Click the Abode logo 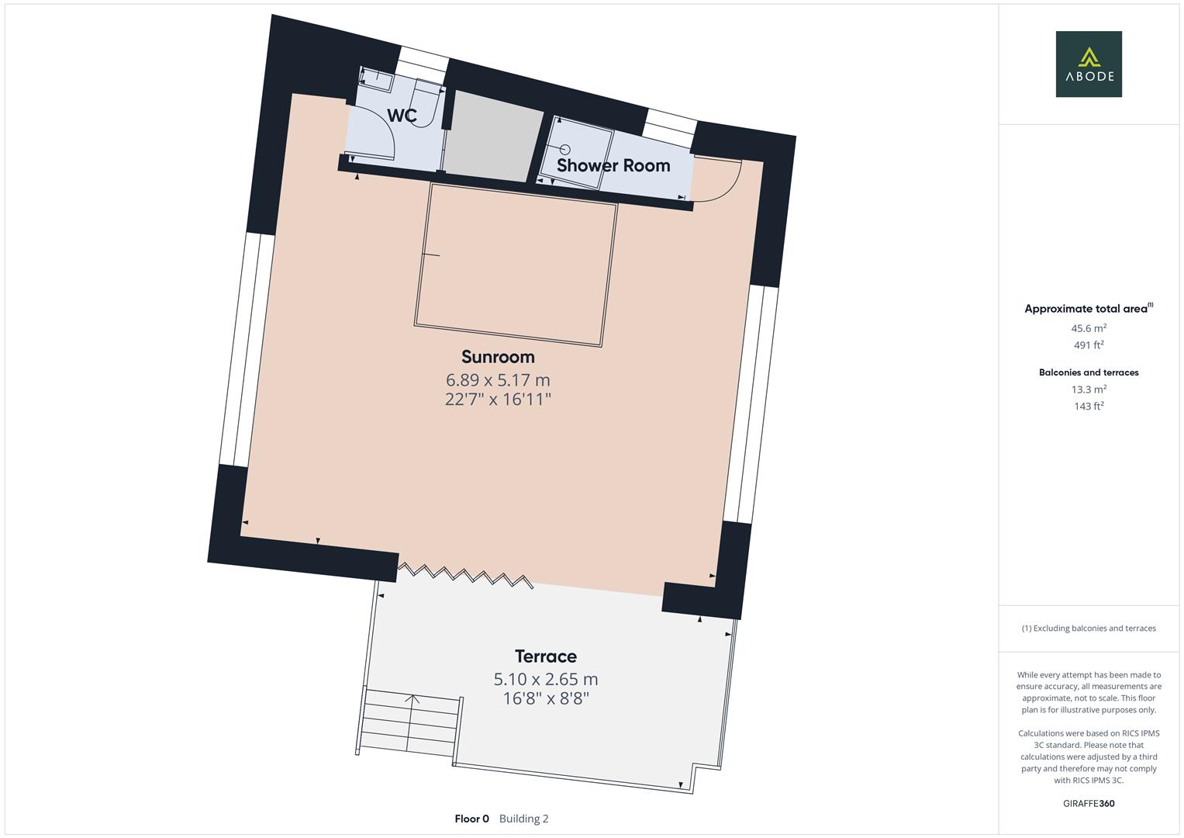pos(1088,64)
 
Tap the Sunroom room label pos(498,357)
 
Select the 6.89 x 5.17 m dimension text pos(498,380)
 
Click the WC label pos(402,116)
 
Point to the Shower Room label pos(613,165)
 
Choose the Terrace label pos(546,656)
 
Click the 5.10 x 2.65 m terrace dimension pos(546,680)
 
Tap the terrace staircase pos(411,724)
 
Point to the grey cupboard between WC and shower pos(492,136)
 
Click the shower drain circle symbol pos(565,148)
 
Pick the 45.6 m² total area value pos(1088,328)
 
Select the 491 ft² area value pos(1088,345)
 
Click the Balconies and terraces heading pos(1088,372)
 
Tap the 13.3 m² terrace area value pos(1088,390)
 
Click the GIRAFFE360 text pos(1088,804)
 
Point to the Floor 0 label pos(471,819)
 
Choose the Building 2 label pos(523,819)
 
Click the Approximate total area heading pos(1086,309)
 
